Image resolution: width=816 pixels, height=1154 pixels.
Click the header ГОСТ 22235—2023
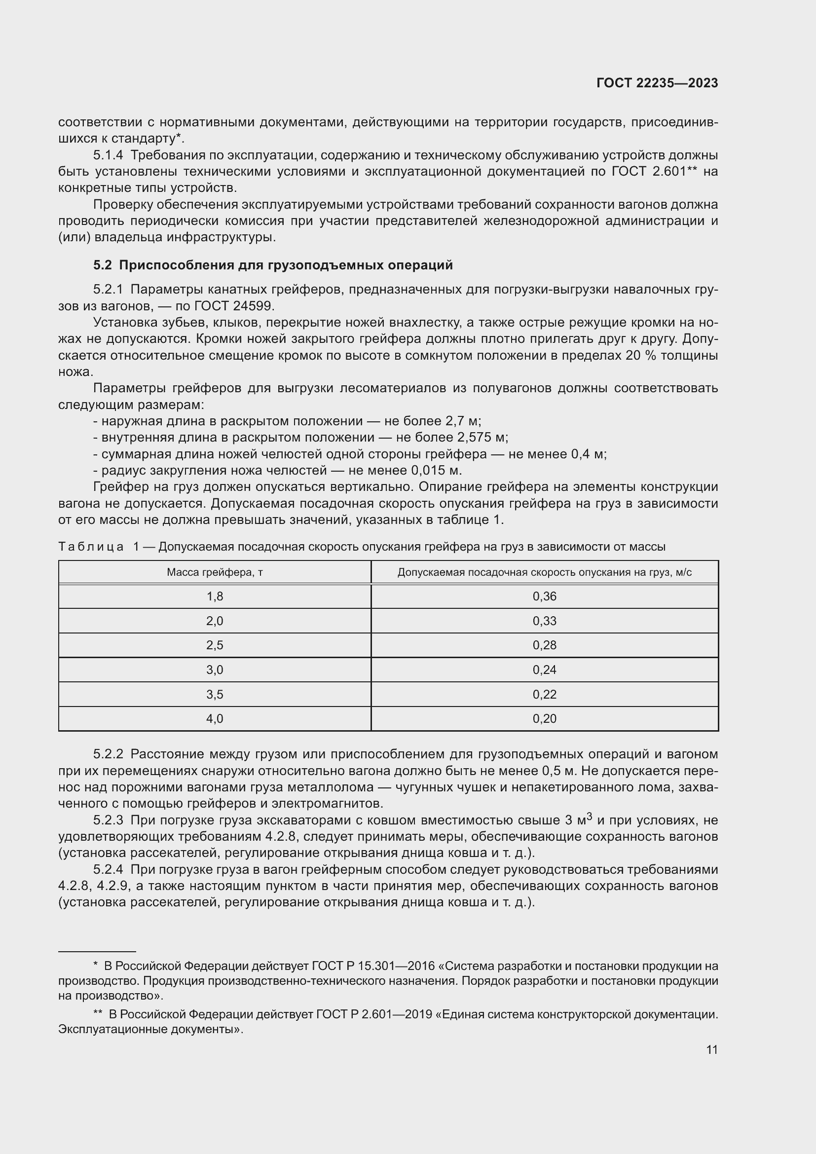pyautogui.click(x=657, y=83)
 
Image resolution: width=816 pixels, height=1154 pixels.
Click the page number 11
pyautogui.click(x=711, y=1049)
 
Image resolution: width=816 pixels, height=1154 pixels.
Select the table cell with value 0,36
pyautogui.click(x=544, y=596)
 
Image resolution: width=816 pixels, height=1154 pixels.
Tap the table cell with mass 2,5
pyautogui.click(x=215, y=645)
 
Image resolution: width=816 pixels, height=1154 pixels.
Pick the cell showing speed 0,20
pyautogui.click(x=544, y=719)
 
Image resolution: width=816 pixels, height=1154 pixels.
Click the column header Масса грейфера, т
pyautogui.click(x=215, y=572)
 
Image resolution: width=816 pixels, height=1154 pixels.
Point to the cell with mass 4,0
pyautogui.click(x=215, y=719)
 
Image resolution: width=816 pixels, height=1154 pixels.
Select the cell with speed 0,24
pyautogui.click(x=544, y=670)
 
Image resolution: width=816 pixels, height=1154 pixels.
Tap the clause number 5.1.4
pyautogui.click(x=108, y=155)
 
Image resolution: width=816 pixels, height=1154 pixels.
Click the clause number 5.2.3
pyautogui.click(x=108, y=820)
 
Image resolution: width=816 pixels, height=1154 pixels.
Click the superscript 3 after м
pyautogui.click(x=590, y=816)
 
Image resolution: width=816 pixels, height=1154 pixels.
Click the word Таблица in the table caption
pyautogui.click(x=91, y=546)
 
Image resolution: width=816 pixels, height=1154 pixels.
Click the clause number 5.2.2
pyautogui.click(x=108, y=754)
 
